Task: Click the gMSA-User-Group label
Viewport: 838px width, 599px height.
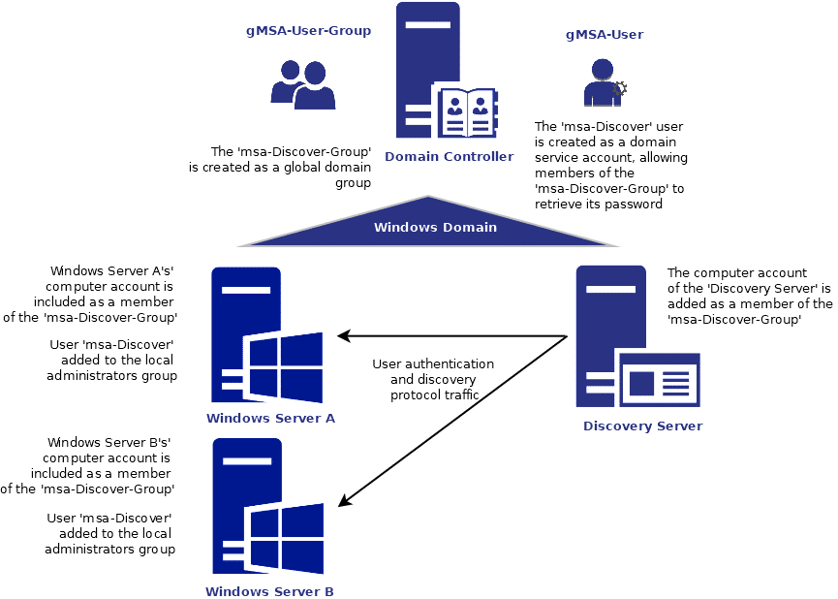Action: [x=308, y=31]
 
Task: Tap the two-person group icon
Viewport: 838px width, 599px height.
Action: [x=302, y=84]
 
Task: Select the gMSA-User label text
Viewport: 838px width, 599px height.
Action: [x=605, y=35]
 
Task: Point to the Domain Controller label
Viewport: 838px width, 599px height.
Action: [x=449, y=156]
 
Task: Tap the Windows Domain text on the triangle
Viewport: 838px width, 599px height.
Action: [x=435, y=228]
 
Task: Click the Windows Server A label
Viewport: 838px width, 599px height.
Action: [x=270, y=418]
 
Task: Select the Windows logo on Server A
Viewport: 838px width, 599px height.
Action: [x=284, y=367]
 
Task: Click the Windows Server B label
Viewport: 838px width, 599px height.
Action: [x=269, y=590]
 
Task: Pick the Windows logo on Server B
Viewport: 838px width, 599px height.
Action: [x=285, y=540]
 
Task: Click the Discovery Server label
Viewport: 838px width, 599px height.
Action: [x=642, y=426]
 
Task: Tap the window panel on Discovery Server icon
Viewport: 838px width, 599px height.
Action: [x=659, y=380]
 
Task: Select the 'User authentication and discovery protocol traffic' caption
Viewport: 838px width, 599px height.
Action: [x=433, y=379]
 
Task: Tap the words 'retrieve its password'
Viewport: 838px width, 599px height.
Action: [x=598, y=205]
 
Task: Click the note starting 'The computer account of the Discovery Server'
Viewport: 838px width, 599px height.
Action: [x=750, y=297]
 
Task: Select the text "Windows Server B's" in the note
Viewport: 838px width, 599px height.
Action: [x=109, y=442]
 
